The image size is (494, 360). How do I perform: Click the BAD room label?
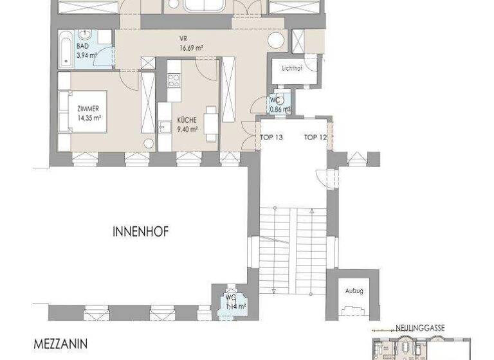coord(82,46)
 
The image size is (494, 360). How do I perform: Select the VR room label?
coord(183,37)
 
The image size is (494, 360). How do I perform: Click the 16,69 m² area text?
coord(192,46)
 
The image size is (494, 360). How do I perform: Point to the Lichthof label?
coord(292,67)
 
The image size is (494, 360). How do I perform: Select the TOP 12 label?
coord(315,137)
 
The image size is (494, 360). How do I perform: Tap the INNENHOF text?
coord(141,233)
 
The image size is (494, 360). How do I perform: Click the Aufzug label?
coord(354,291)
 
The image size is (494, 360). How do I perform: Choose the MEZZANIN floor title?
coord(61,344)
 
